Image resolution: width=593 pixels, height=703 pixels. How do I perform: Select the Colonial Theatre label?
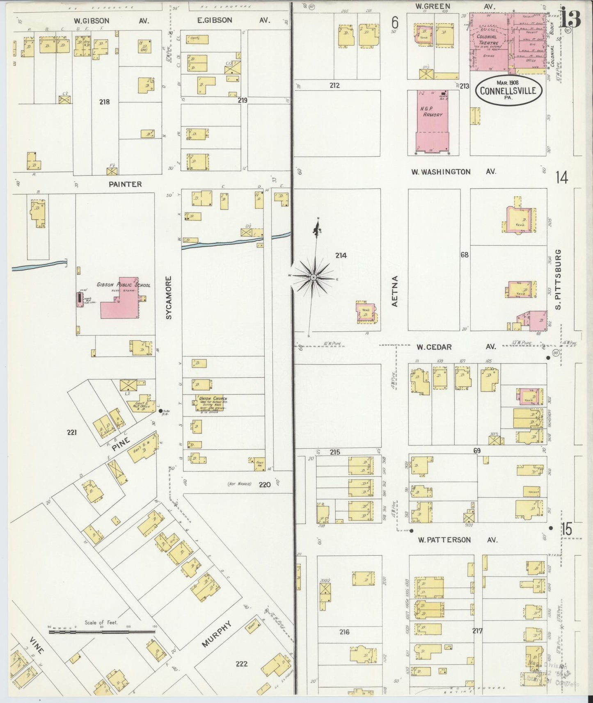point(488,40)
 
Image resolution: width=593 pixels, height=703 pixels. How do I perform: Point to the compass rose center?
point(314,278)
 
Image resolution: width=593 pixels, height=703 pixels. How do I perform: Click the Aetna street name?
point(395,291)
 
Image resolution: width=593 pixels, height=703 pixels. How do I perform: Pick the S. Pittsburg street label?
point(559,280)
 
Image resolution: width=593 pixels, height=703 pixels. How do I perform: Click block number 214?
point(341,256)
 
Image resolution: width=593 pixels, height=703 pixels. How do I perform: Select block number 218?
point(104,102)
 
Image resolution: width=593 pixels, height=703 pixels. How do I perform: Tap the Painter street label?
point(125,185)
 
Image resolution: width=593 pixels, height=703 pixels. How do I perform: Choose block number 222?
point(241,663)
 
